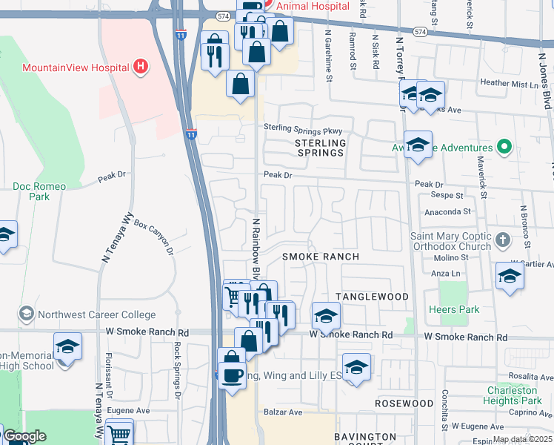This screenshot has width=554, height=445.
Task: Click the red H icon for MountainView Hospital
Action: (141, 67)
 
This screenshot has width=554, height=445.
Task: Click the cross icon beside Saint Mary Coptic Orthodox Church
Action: (503, 240)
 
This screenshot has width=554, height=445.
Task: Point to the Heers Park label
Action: (454, 309)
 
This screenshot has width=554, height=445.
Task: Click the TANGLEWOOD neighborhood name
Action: (372, 297)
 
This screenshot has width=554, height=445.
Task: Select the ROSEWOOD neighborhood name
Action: (404, 403)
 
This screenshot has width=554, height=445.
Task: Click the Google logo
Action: (24, 437)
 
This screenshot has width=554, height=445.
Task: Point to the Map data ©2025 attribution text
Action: (522, 439)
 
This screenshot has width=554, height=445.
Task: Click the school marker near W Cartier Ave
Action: (510, 275)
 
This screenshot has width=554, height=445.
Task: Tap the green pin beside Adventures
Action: (505, 147)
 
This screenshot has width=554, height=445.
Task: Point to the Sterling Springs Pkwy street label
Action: (305, 128)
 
